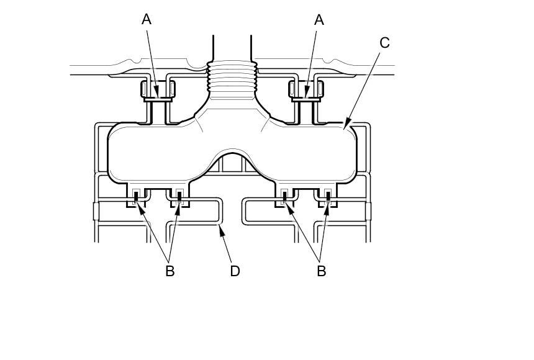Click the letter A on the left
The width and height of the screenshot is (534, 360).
click(147, 19)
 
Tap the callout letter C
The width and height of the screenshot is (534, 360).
click(384, 43)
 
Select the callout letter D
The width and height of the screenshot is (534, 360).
click(235, 271)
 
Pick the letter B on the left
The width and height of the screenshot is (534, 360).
click(170, 271)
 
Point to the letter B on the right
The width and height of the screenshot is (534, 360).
click(322, 271)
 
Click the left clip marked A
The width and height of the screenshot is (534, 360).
click(158, 92)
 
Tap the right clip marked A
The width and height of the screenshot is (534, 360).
click(305, 92)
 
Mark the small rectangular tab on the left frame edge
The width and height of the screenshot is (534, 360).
click(96, 211)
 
